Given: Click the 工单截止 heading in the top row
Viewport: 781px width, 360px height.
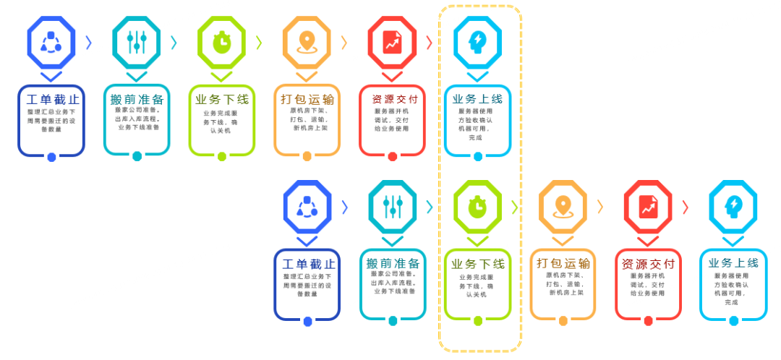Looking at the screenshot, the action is point(52,100).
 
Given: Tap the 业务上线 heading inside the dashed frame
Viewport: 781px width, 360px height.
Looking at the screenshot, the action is point(477,99).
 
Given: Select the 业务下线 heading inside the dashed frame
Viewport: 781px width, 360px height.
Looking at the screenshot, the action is point(478,264).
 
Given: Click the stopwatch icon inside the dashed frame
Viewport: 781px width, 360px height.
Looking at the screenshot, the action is point(477,206).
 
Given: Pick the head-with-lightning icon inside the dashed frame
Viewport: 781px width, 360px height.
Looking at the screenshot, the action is point(477,42).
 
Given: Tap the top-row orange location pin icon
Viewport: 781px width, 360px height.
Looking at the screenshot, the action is point(307,42).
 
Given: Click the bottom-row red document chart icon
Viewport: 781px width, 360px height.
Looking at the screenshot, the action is point(648,206).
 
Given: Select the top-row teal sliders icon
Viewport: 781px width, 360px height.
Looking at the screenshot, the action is point(137,42).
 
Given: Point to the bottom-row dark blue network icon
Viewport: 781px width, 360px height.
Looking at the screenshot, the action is point(307,206).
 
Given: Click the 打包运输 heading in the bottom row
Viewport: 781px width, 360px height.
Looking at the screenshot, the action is point(563,263).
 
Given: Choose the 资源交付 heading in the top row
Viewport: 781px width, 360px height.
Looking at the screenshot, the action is point(392,100).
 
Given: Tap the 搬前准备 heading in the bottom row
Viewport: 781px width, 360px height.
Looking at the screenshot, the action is point(393,263).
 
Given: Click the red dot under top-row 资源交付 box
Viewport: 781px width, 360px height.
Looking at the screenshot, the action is point(393,156).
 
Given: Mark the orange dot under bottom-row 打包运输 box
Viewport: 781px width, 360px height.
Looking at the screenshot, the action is point(563,320).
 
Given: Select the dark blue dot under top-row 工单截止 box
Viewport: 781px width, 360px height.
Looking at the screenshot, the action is point(51,157).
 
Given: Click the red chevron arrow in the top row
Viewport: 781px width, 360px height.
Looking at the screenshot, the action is point(429,42).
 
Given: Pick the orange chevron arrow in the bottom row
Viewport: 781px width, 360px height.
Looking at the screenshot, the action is point(599,206).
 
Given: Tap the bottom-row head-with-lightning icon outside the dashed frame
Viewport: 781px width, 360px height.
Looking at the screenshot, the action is point(733,206).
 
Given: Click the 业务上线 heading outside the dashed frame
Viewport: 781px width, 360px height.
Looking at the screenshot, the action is point(733,263).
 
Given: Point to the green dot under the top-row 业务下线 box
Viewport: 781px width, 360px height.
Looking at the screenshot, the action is point(222,156).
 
